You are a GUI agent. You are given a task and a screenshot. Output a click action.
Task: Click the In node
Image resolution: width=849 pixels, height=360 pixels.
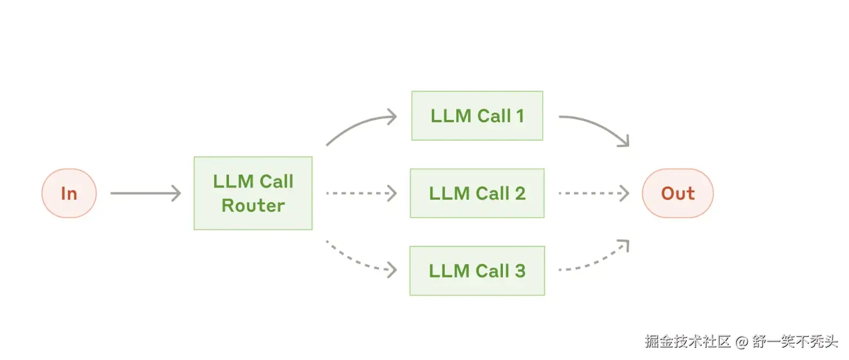(x=69, y=193)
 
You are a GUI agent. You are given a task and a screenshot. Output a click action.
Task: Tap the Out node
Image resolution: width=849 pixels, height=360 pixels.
(x=678, y=193)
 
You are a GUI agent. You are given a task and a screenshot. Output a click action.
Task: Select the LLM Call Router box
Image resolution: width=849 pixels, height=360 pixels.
(x=253, y=193)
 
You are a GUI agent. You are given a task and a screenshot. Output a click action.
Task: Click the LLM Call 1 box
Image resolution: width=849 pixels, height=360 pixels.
(x=477, y=116)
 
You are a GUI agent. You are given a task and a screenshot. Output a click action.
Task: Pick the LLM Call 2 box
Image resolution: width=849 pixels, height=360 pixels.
(x=477, y=193)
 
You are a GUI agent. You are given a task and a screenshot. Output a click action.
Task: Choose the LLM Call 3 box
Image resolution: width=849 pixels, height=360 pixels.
(x=477, y=271)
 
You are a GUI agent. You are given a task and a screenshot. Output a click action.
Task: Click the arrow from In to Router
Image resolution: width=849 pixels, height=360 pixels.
(x=145, y=193)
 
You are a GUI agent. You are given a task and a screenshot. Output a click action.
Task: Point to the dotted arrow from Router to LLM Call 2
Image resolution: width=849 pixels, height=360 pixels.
(x=361, y=193)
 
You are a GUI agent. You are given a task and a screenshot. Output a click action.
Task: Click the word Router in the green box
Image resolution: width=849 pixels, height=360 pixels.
(x=253, y=206)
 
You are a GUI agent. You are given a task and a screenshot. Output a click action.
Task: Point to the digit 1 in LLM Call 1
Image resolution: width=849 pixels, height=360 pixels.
(x=520, y=116)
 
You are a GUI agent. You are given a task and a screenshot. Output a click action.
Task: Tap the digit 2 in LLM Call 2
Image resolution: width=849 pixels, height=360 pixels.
(x=520, y=193)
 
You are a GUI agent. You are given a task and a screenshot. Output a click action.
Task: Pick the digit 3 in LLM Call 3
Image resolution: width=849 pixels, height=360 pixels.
(x=520, y=271)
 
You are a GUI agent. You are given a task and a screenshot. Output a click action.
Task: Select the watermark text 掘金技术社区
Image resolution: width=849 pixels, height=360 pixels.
(x=688, y=342)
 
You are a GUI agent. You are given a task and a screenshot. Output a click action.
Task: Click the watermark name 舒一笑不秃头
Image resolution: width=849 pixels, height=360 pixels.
(x=795, y=342)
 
